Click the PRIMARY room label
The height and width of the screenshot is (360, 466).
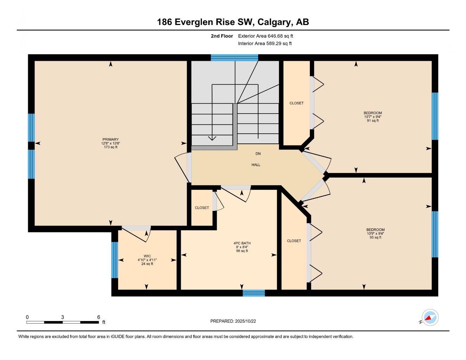[110, 139]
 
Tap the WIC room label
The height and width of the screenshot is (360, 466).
[147, 256]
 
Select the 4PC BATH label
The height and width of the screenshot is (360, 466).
[242, 243]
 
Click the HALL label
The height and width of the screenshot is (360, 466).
[256, 165]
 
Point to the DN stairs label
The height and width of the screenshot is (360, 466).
[258, 154]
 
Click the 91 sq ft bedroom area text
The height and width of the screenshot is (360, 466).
[372, 121]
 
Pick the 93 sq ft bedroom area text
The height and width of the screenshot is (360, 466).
[375, 237]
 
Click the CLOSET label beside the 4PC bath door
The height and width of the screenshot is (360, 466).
[202, 208]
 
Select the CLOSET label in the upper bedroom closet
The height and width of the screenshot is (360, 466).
[296, 103]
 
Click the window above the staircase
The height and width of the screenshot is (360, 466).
[234, 58]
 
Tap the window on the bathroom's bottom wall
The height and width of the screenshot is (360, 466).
[254, 293]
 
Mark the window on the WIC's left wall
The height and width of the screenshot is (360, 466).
[114, 260]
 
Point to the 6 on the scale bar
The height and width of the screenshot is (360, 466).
[98, 317]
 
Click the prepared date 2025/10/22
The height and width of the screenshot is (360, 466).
[248, 321]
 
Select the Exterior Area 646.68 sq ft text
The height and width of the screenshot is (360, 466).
[266, 36]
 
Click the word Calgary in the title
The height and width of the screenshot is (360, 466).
[274, 22]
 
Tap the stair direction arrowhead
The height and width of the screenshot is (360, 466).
[212, 138]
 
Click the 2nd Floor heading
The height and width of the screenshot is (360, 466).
[222, 36]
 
